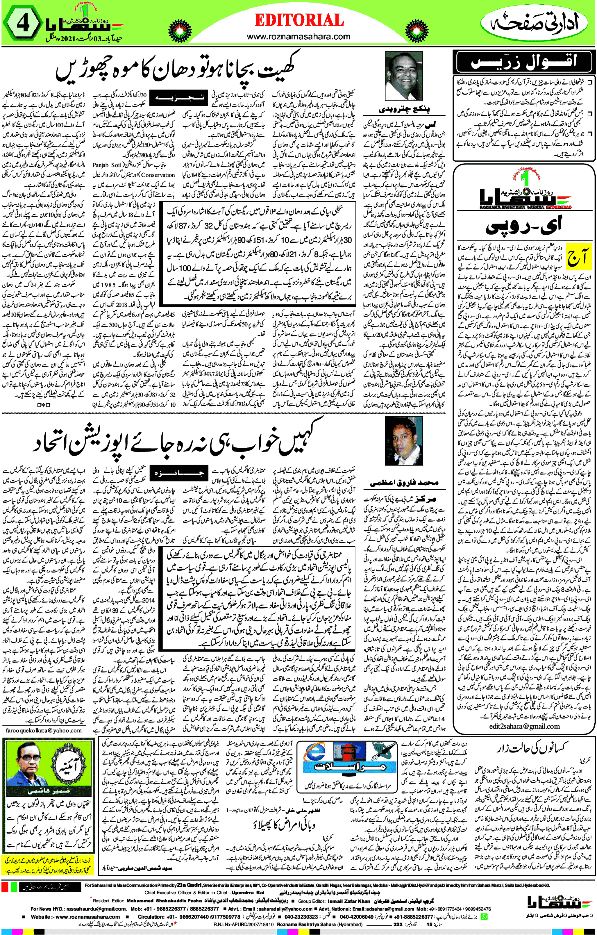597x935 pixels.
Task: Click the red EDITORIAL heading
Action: point(299,20)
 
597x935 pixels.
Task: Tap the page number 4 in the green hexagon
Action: point(22,24)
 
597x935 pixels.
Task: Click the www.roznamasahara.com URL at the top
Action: point(298,37)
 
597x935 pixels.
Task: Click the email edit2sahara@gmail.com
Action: point(524,726)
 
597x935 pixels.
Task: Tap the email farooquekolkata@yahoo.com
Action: point(44,730)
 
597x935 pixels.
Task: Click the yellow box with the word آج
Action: point(578,256)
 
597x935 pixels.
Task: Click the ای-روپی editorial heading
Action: point(524,226)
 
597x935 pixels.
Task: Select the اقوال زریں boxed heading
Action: point(524,62)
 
